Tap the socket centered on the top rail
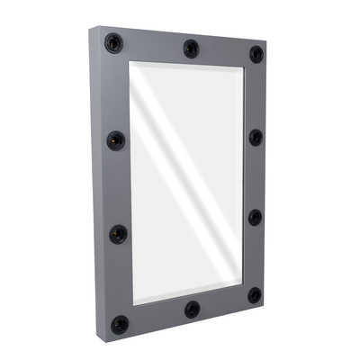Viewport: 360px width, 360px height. click(x=190, y=48)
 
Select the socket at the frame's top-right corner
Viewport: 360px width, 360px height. click(x=256, y=53)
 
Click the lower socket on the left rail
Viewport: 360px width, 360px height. click(x=118, y=232)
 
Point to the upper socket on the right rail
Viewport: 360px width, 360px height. click(x=256, y=137)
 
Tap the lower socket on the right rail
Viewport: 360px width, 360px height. click(x=255, y=217)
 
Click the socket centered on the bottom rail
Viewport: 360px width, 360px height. click(x=192, y=309)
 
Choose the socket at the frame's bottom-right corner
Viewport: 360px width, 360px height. click(x=255, y=294)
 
